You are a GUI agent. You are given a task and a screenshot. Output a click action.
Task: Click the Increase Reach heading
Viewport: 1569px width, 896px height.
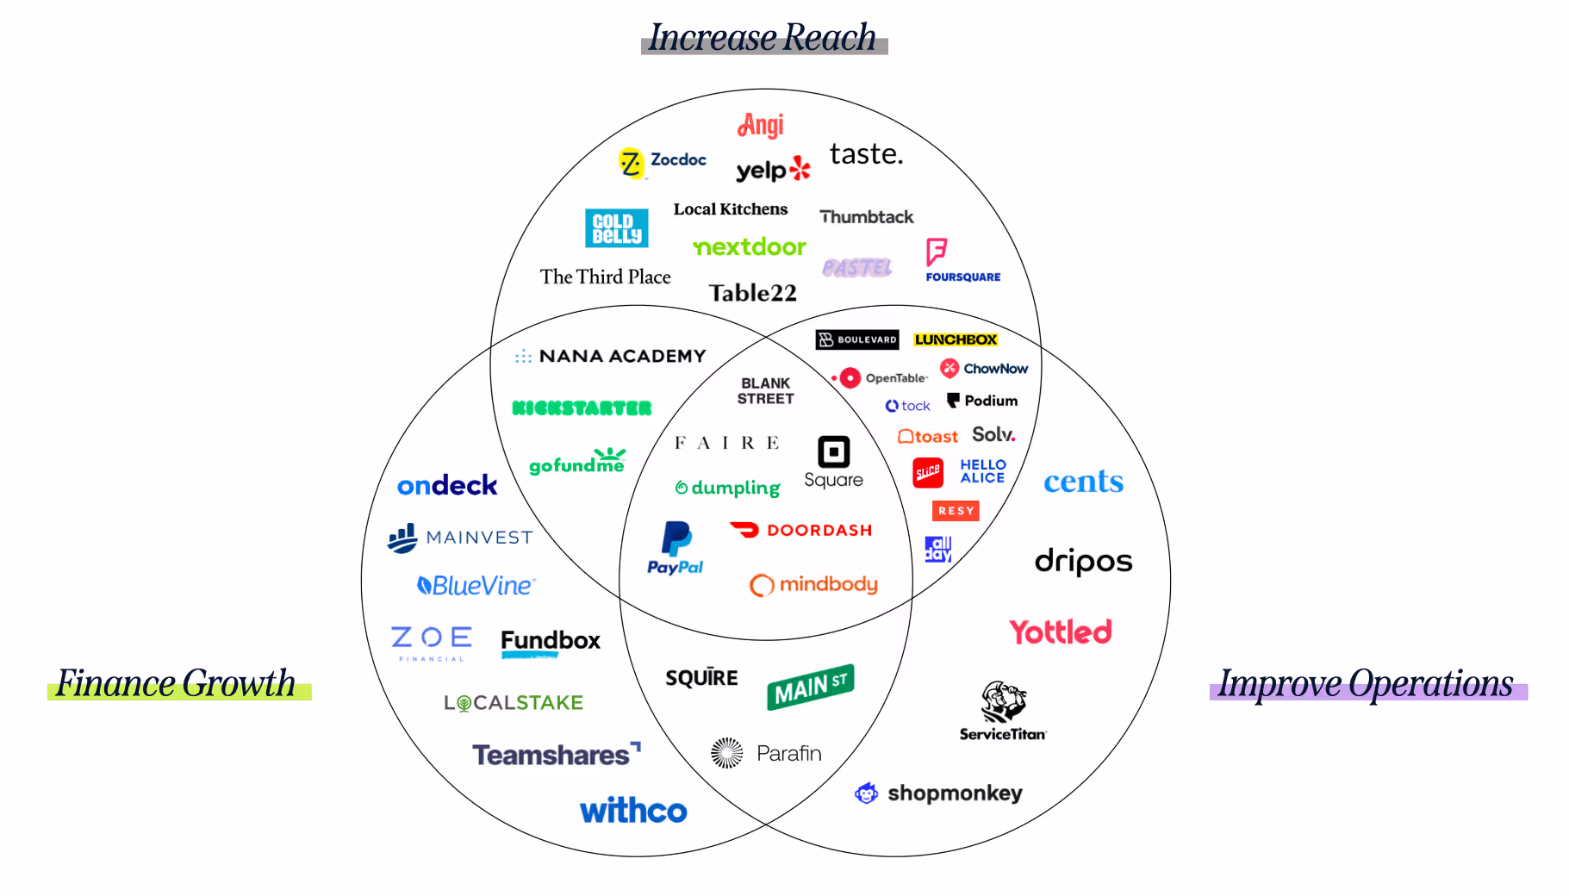[x=763, y=38]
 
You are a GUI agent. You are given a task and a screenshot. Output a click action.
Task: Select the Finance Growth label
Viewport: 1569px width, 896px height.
[x=177, y=683]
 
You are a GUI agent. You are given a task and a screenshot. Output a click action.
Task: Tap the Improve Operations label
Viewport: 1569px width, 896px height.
[x=1367, y=683]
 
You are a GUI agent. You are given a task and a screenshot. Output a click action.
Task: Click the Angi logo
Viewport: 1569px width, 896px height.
[x=761, y=126]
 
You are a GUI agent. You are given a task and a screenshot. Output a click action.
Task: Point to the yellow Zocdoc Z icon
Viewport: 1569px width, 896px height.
[x=631, y=163]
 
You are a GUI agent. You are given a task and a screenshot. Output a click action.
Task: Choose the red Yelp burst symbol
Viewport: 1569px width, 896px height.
[x=800, y=168]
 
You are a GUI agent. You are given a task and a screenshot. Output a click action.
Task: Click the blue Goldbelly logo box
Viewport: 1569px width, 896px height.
[x=616, y=228]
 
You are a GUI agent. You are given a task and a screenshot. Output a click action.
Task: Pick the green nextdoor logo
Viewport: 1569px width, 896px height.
[x=750, y=247]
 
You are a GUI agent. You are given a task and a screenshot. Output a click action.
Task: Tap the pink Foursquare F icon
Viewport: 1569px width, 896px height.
[x=937, y=252]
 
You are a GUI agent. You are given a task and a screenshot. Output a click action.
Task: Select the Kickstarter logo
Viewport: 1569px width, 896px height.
[x=582, y=408]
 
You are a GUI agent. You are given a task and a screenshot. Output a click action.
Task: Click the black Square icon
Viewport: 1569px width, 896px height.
[x=833, y=451]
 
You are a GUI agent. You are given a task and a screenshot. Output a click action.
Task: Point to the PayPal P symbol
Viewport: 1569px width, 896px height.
[x=676, y=539]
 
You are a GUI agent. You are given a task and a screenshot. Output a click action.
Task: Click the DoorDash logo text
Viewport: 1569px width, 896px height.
[x=819, y=531]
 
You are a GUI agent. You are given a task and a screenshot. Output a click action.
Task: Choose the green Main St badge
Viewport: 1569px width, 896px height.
[x=810, y=687]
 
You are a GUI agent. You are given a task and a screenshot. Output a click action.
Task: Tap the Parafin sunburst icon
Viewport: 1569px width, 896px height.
[x=727, y=753]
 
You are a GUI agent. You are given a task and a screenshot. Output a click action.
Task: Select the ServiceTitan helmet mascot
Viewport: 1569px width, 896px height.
[x=1003, y=702]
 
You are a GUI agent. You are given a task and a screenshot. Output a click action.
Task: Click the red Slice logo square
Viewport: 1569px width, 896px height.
[x=928, y=472]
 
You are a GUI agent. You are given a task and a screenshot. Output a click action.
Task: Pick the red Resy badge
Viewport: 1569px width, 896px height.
[x=956, y=511]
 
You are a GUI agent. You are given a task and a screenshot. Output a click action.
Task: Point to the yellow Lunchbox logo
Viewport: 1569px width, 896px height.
[x=956, y=340]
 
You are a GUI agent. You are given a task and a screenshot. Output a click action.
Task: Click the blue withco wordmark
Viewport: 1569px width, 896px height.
[x=633, y=811]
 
